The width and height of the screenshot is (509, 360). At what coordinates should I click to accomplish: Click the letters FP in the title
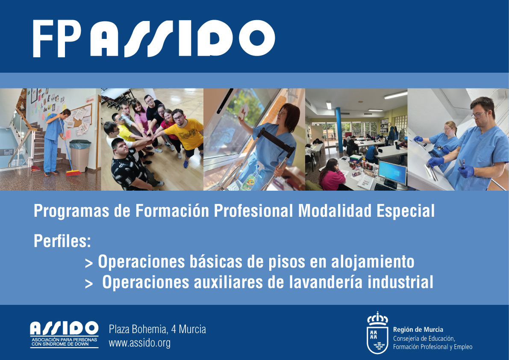pyautogui.click(x=57, y=38)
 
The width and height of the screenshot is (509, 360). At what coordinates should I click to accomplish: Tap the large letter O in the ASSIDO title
pyautogui.click(x=257, y=38)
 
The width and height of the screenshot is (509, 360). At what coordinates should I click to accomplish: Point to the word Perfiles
pyautogui.click(x=62, y=241)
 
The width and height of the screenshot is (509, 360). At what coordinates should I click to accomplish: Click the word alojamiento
pyautogui.click(x=373, y=262)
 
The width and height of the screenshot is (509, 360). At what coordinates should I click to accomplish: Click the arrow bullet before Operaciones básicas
pyautogui.click(x=88, y=263)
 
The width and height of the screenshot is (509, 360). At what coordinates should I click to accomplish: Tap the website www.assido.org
pyautogui.click(x=140, y=343)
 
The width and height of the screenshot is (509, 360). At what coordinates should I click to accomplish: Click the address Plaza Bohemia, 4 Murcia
pyautogui.click(x=157, y=329)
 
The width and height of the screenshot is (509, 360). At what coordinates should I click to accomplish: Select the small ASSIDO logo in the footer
pyautogui.click(x=64, y=334)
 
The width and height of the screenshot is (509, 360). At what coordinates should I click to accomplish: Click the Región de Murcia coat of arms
pyautogui.click(x=377, y=332)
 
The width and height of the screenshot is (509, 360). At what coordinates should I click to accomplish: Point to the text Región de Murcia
pyautogui.click(x=418, y=330)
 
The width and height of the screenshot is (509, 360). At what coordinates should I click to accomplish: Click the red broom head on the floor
pyautogui.click(x=74, y=173)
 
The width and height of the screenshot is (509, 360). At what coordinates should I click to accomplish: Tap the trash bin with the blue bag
pyautogui.click(x=80, y=155)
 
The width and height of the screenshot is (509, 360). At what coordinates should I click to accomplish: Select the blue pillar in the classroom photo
pyautogui.click(x=339, y=130)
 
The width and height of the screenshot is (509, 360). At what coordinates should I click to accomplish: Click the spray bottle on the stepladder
pyautogui.click(x=249, y=181)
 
